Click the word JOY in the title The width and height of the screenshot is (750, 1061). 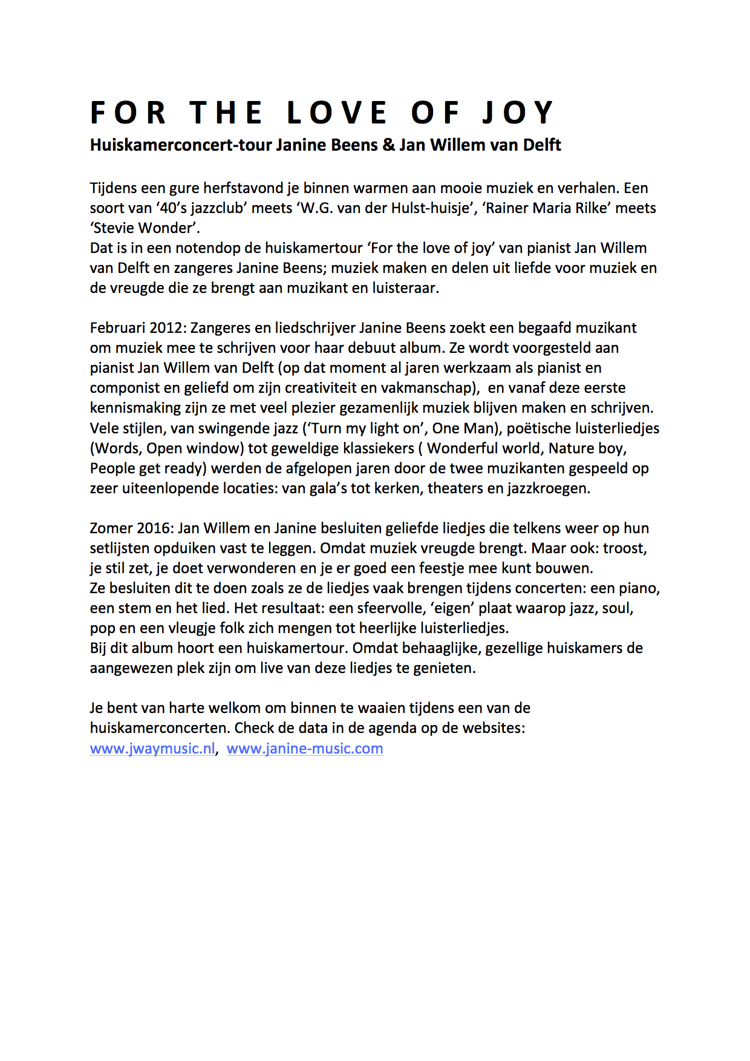(x=518, y=113)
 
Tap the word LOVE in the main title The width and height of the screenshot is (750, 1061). (x=337, y=113)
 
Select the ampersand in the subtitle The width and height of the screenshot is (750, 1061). (x=388, y=145)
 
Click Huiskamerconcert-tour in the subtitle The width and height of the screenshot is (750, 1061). (x=181, y=145)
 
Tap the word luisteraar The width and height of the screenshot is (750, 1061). (x=404, y=288)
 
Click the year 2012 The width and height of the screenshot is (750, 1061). (x=165, y=328)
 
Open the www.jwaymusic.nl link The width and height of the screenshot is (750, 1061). (x=152, y=749)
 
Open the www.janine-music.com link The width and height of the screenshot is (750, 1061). (x=305, y=749)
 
